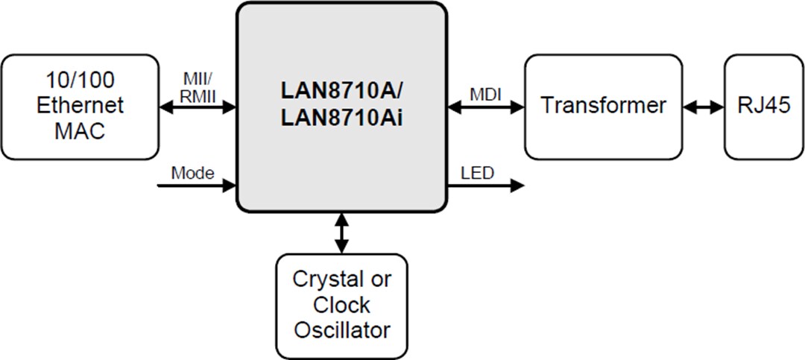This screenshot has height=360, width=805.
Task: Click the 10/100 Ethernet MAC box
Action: pos(80,107)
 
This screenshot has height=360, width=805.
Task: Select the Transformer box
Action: pos(603,107)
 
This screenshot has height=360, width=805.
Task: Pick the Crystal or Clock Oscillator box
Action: pos(342,306)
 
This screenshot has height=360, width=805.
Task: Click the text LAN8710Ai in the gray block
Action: pos(342,119)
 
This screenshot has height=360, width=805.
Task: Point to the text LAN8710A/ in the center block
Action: pos(342,90)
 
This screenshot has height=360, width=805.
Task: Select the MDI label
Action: pos(485,95)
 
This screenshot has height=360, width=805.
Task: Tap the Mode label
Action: pos(193,173)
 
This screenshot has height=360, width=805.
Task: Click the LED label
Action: pos(477,173)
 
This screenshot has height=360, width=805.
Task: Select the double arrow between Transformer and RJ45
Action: pos(703,107)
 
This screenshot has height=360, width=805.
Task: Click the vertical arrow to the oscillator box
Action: pos(342,233)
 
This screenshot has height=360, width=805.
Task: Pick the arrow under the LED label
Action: pos(486,186)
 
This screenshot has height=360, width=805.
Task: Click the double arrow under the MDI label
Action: pos(486,107)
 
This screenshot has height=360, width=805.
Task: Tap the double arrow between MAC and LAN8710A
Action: pos(198,107)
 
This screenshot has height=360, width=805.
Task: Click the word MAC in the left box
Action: pos(80,130)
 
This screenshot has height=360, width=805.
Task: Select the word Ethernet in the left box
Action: pos(80,105)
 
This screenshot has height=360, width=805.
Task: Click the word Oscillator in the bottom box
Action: pos(342,329)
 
